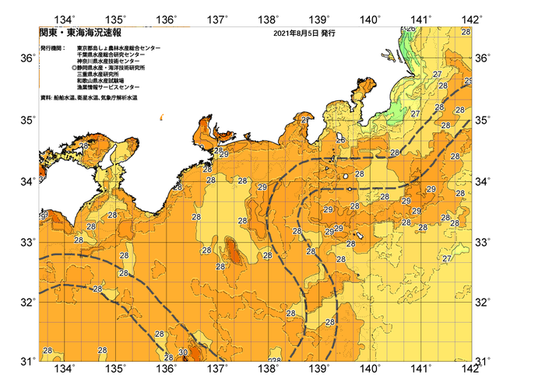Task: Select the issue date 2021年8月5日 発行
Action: [305, 33]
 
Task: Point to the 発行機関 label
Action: [54, 48]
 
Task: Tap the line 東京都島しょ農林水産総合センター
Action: [118, 48]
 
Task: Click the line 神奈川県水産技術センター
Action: [111, 62]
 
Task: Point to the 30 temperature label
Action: [182, 352]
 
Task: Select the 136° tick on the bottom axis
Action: [167, 369]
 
